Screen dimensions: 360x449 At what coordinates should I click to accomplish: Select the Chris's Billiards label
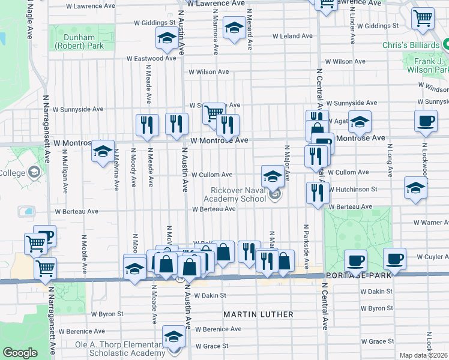pos(411,44)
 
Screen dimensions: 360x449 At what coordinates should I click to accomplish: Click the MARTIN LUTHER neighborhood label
pos(259,314)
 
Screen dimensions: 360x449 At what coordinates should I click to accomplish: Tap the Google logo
pos(20,353)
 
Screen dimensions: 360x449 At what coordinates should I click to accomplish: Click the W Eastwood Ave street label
pos(151,59)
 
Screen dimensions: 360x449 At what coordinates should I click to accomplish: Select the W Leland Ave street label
pos(292,36)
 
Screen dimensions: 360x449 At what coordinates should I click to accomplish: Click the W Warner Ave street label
pos(430,222)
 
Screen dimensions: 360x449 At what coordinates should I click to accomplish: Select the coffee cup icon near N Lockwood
pos(425,121)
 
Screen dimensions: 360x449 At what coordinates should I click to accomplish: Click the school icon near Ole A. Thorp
pos(173,337)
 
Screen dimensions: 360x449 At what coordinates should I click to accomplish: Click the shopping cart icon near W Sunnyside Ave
pos(212,112)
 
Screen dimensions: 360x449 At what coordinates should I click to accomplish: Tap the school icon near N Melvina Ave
pos(103,151)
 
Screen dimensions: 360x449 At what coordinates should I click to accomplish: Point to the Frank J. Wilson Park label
pos(426,64)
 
